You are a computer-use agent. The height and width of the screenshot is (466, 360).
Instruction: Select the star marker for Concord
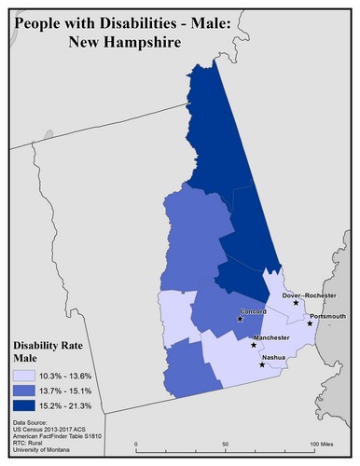241,320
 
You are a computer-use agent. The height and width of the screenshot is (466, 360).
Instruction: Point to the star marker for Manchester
254,345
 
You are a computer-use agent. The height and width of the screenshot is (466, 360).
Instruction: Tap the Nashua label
273,357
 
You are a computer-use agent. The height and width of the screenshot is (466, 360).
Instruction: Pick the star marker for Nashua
262,364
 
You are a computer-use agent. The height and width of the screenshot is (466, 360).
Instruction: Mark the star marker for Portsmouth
311,323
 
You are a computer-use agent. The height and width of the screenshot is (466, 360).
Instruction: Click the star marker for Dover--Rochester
296,303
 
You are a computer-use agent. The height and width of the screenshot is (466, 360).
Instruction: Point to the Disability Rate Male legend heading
47,349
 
